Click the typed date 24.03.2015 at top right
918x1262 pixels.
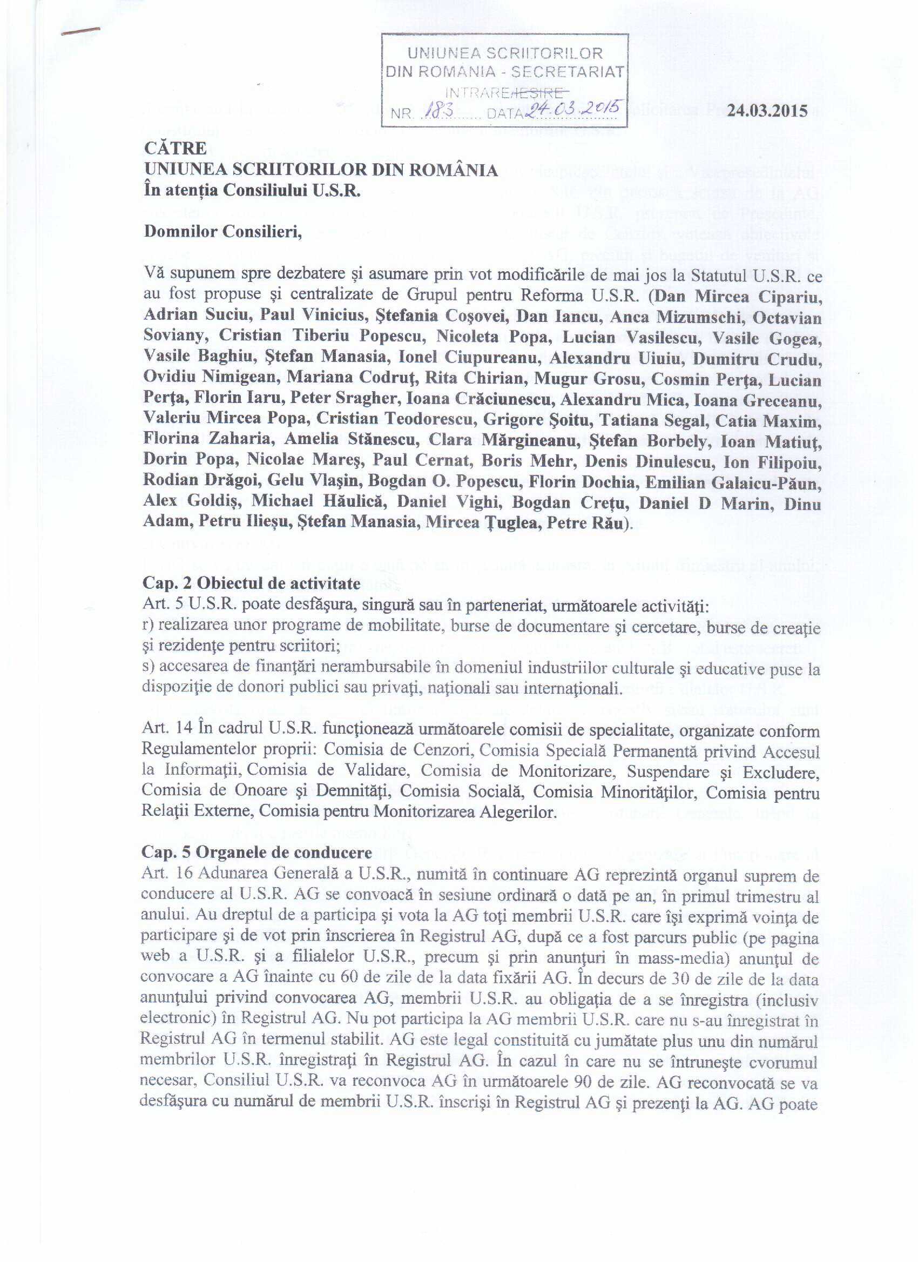pyautogui.click(x=767, y=110)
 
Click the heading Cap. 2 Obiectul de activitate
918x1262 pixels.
pyautogui.click(x=252, y=583)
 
